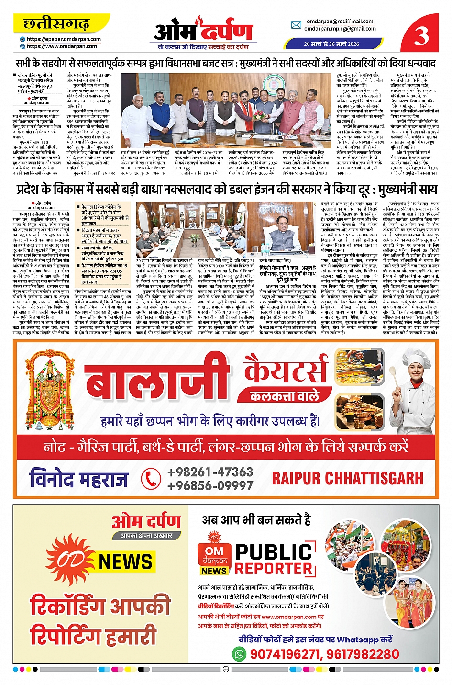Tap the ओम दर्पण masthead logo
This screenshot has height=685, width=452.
(x=203, y=31)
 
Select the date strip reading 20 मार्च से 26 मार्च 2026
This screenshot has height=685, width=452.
(x=331, y=44)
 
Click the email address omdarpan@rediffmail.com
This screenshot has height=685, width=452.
(x=340, y=21)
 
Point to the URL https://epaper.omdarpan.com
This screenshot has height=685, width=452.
(x=64, y=39)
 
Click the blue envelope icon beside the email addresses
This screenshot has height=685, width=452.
(x=296, y=25)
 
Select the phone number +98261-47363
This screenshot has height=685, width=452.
(x=210, y=472)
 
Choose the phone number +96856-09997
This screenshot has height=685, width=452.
(x=210, y=486)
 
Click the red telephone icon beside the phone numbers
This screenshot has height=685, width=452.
(x=151, y=479)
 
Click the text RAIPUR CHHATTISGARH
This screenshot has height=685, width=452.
(x=347, y=478)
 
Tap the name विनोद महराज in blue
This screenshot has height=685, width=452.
(x=79, y=479)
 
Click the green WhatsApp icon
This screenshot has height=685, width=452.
(x=238, y=653)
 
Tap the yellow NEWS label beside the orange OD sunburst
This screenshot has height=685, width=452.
(x=125, y=561)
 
